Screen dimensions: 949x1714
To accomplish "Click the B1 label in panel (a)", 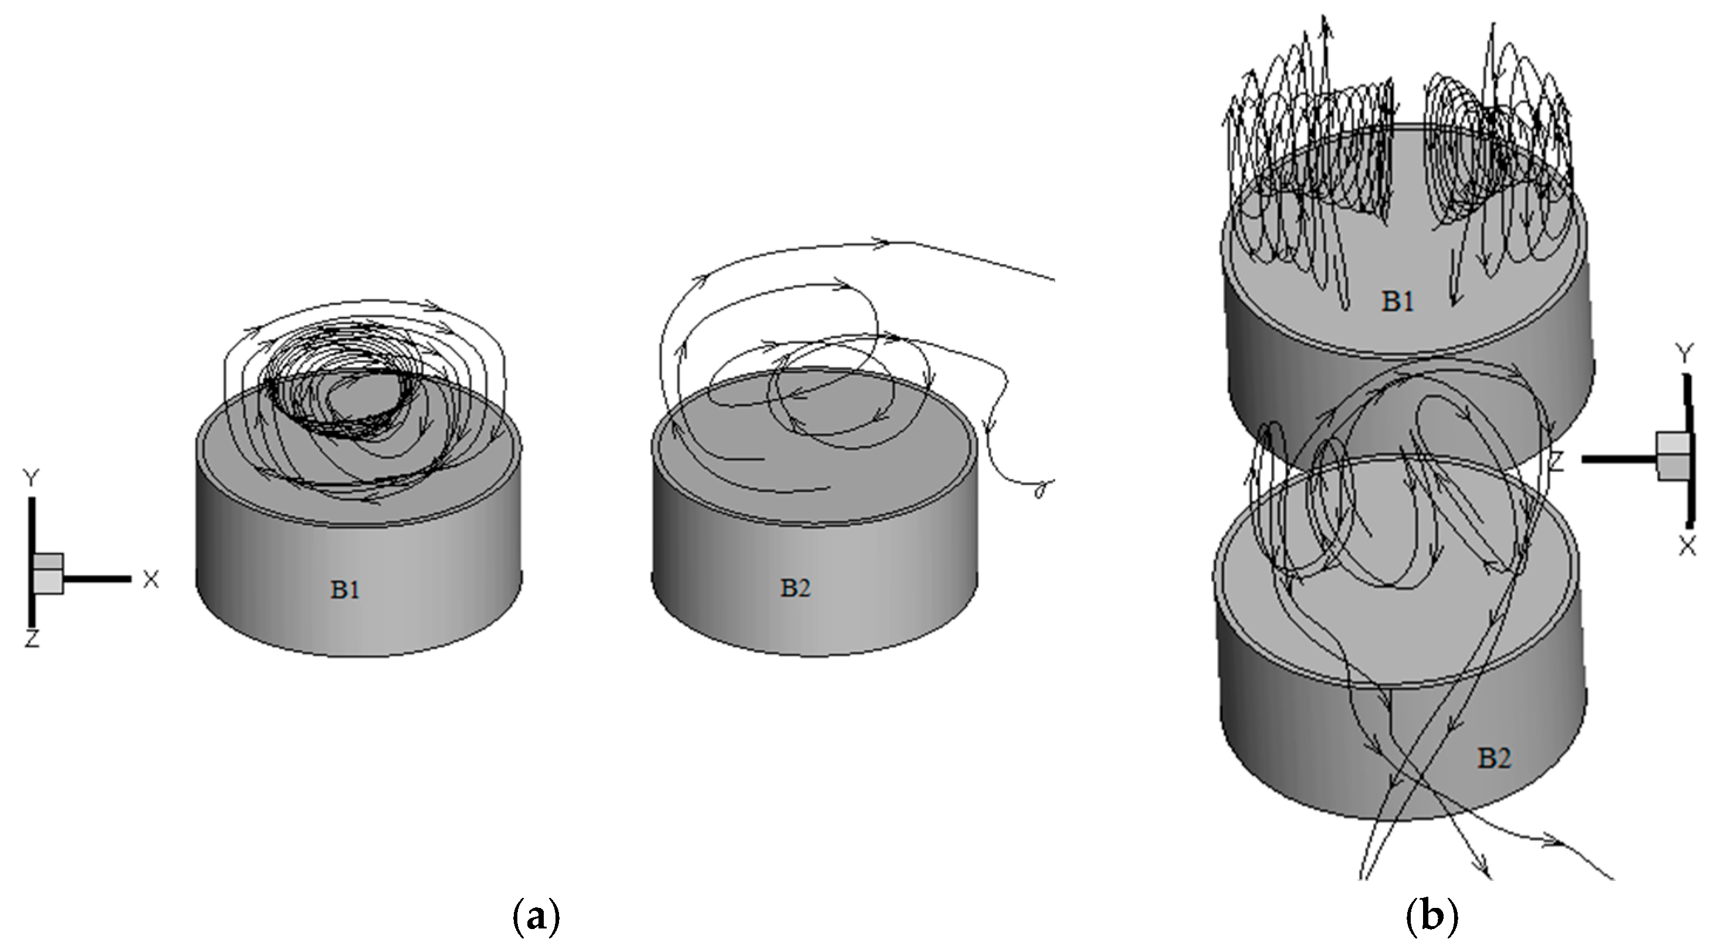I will (345, 590).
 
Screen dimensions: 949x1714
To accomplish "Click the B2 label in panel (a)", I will (796, 588).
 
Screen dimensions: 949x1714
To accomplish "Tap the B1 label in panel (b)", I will (1397, 302).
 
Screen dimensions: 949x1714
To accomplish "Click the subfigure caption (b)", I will (1434, 917).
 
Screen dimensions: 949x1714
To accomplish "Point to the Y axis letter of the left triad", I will (31, 478).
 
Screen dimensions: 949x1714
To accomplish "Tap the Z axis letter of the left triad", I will (31, 640).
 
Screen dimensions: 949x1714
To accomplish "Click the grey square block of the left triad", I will (49, 573).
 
